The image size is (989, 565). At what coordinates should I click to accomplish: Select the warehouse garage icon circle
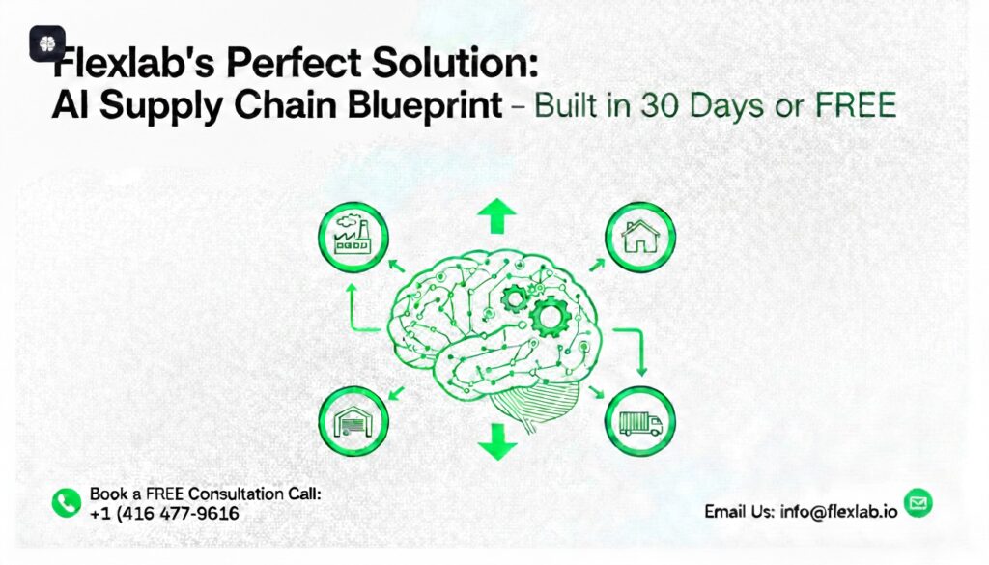(353, 421)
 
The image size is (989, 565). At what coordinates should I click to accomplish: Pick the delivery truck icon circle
(639, 421)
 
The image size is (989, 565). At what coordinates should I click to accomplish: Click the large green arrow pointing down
(496, 442)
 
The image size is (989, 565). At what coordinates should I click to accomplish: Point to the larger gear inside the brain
(551, 314)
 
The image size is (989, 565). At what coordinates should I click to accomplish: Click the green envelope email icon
(918, 502)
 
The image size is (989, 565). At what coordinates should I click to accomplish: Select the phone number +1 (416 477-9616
(163, 513)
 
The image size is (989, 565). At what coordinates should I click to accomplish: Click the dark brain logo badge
(46, 43)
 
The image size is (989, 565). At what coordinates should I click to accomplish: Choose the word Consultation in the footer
(231, 494)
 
